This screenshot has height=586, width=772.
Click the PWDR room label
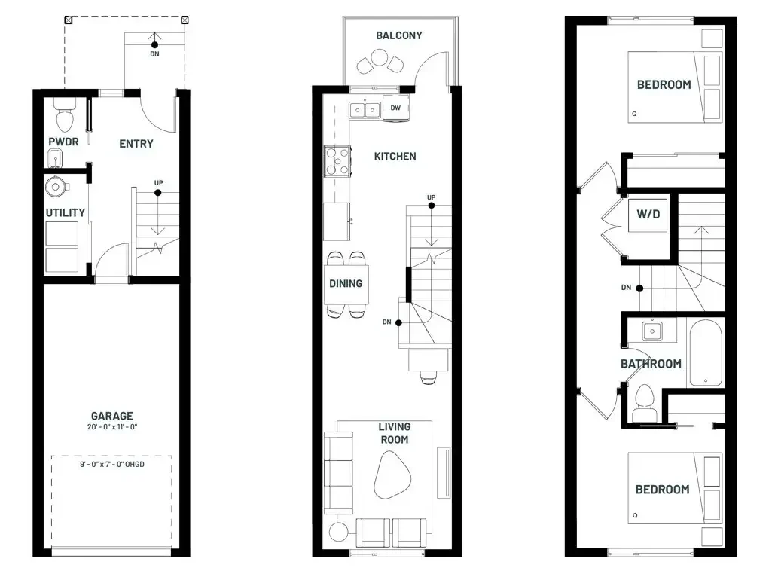(63, 142)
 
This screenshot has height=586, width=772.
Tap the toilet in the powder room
(65, 114)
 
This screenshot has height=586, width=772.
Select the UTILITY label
(66, 212)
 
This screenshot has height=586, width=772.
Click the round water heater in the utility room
(56, 187)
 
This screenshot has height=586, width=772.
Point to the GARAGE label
(112, 416)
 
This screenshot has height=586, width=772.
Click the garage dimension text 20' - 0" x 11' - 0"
(112, 427)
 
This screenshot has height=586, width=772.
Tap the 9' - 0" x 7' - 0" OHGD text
(112, 465)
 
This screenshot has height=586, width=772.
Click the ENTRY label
(136, 144)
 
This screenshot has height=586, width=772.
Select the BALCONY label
(398, 35)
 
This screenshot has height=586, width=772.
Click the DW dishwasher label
(395, 108)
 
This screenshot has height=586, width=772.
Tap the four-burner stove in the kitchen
(337, 161)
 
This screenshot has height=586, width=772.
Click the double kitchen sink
(365, 110)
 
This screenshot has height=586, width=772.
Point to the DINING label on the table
(346, 284)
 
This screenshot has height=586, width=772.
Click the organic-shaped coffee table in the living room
(392, 475)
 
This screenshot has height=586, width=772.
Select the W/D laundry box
(648, 214)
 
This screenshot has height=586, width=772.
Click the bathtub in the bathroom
(706, 353)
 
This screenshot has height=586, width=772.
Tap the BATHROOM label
(651, 364)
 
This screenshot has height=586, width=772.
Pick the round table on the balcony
(379, 57)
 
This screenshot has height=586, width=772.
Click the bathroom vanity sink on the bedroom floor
(652, 331)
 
